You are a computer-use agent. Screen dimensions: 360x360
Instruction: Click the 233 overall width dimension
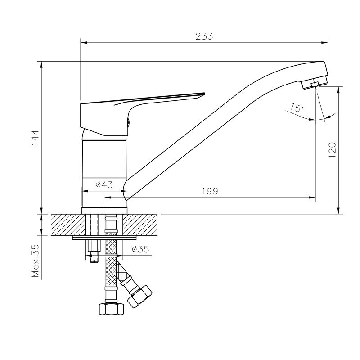click(204, 36)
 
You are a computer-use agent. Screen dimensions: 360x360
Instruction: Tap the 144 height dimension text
click(36, 138)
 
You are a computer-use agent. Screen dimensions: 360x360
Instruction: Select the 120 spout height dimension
click(332, 150)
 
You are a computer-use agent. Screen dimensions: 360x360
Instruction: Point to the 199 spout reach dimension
click(210, 191)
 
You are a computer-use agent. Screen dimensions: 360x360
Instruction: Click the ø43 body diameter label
click(104, 184)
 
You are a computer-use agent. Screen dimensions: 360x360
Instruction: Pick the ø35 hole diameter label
click(140, 249)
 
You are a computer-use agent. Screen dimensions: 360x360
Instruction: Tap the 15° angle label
click(297, 108)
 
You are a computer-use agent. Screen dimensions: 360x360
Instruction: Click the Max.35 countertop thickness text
click(36, 261)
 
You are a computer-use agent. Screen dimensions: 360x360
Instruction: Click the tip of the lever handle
click(204, 94)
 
